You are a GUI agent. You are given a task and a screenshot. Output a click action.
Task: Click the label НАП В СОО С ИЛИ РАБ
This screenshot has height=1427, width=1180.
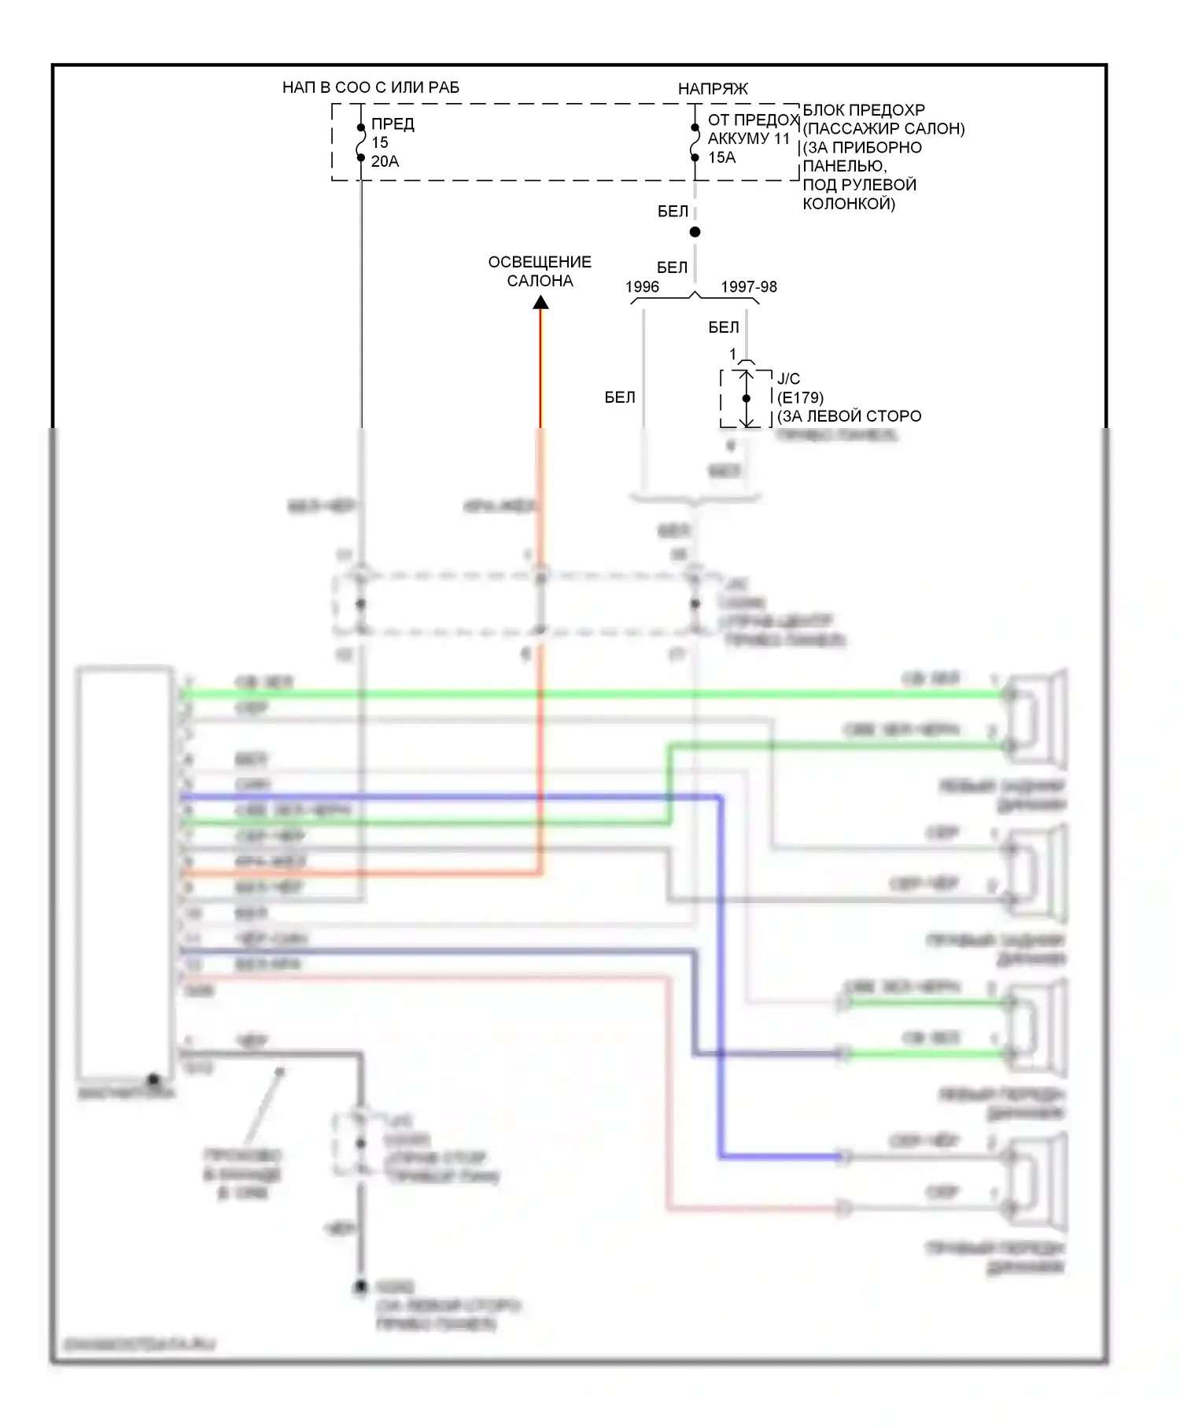click(x=371, y=87)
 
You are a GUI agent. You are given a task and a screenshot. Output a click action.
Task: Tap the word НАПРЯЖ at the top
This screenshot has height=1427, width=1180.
click(x=713, y=89)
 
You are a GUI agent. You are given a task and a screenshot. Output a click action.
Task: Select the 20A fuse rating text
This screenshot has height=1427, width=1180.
click(x=385, y=161)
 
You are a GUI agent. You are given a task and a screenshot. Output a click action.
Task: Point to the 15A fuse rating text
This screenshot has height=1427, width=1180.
click(x=721, y=157)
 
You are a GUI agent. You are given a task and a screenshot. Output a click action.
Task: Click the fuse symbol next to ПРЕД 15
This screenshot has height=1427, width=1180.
click(x=361, y=142)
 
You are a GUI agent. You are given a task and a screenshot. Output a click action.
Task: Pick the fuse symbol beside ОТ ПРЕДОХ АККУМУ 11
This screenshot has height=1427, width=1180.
click(x=695, y=142)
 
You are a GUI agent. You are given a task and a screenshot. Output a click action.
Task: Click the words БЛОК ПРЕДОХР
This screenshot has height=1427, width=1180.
click(x=863, y=110)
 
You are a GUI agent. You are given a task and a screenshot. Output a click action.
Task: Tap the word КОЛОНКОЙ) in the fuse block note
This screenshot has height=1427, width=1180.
click(x=849, y=204)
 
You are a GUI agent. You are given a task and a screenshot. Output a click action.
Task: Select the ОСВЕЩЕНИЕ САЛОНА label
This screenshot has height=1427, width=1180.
click(x=540, y=271)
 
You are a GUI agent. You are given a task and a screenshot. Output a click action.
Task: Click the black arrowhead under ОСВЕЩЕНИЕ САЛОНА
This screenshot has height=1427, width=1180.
click(x=540, y=303)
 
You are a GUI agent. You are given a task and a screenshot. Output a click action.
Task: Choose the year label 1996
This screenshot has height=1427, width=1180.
click(x=642, y=287)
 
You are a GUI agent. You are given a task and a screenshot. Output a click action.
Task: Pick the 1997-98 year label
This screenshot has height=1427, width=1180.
click(x=749, y=287)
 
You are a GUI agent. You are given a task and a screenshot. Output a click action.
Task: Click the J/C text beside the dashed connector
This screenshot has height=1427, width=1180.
click(x=788, y=379)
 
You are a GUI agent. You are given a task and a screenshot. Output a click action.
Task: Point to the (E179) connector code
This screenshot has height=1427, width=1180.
click(x=800, y=398)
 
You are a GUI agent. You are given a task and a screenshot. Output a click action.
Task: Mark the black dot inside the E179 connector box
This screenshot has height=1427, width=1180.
click(x=747, y=399)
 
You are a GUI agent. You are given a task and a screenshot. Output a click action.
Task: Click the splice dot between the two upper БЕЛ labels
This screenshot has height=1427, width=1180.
click(x=695, y=232)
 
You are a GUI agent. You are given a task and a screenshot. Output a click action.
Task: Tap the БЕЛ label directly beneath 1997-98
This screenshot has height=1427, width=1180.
click(x=724, y=327)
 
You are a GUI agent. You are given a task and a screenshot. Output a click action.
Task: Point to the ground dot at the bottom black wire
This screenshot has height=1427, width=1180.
click(x=360, y=1287)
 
